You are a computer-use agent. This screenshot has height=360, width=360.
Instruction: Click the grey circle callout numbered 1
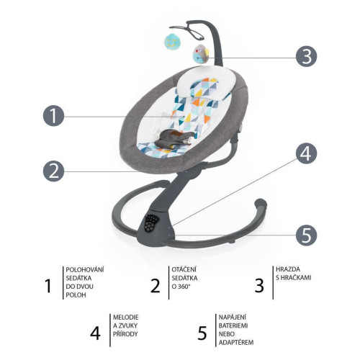click(x=53, y=116)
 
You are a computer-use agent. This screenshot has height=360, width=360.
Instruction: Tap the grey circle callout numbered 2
click(x=53, y=171)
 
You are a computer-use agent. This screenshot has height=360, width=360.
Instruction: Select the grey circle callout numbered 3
click(x=306, y=56)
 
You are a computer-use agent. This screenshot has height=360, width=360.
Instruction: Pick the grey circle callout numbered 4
click(x=306, y=153)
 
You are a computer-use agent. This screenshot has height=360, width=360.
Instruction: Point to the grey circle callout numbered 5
click(x=306, y=235)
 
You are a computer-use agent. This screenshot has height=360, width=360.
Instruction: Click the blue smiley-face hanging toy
click(x=172, y=41)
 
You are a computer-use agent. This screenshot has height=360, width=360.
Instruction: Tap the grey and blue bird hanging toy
click(x=201, y=54)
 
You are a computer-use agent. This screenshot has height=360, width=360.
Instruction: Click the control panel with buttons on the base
click(x=150, y=223)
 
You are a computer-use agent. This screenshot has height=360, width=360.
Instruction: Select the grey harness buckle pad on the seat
click(x=174, y=139)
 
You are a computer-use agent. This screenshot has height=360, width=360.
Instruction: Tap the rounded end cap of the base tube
click(x=261, y=204)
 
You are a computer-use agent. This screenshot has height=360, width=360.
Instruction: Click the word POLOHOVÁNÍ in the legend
click(x=85, y=269)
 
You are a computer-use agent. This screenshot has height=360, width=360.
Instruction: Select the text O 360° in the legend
click(x=181, y=287)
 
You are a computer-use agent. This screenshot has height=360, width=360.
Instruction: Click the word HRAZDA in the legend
click(x=288, y=269)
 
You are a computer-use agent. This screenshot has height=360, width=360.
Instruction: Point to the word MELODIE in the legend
click(x=126, y=318)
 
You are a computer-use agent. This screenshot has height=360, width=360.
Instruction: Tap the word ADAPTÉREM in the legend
click(x=236, y=342)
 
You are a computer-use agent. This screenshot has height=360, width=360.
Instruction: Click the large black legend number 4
click(x=95, y=333)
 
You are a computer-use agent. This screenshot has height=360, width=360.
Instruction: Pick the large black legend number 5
click(x=202, y=333)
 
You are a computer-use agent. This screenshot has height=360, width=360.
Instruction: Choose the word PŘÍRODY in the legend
click(x=125, y=334)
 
